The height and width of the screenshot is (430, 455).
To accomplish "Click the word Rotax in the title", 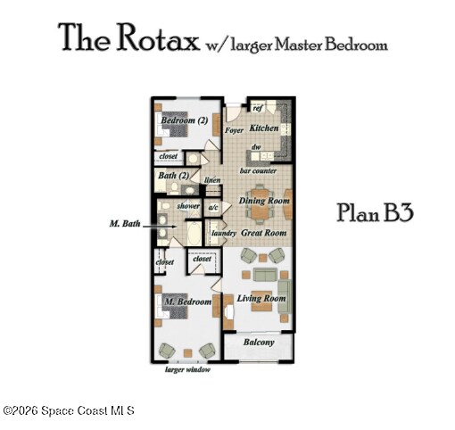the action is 158,38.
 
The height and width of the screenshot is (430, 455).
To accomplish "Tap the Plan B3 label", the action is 375,213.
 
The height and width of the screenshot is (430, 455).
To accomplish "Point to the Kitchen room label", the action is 264,128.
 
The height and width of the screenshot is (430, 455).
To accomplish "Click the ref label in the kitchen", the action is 258,108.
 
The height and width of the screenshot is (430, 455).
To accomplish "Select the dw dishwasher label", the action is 256,147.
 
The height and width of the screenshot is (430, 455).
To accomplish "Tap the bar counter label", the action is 258,171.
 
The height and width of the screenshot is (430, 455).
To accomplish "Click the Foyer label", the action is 234,130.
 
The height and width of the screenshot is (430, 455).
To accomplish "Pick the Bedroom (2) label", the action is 185,120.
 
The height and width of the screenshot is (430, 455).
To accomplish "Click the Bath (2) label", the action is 174,176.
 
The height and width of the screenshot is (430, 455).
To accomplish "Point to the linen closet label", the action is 212,180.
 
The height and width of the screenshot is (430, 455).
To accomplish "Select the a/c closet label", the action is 213,208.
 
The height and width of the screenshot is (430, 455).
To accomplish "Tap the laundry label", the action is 224,233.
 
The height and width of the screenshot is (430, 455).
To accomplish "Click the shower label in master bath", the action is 188,206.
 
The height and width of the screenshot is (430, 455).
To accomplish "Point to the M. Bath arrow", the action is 160,227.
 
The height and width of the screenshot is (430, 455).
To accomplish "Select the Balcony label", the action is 259,343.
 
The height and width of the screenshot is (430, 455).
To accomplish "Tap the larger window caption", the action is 187,369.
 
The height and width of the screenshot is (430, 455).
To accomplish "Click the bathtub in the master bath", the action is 194,233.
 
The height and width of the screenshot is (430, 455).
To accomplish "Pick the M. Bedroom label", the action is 188,302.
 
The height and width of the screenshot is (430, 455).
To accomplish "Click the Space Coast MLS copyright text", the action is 69,411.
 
